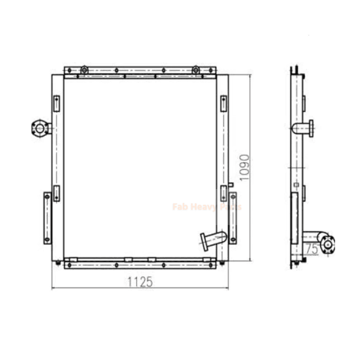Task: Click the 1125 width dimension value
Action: click(x=139, y=282)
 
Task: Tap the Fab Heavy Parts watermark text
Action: click(x=206, y=206)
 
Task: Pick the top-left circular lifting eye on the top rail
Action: click(x=84, y=70)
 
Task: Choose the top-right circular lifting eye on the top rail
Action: click(x=195, y=70)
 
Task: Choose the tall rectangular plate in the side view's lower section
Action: click(x=294, y=219)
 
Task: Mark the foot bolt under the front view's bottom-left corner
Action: click(x=60, y=262)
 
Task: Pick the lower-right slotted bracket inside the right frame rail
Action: click(x=223, y=192)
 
